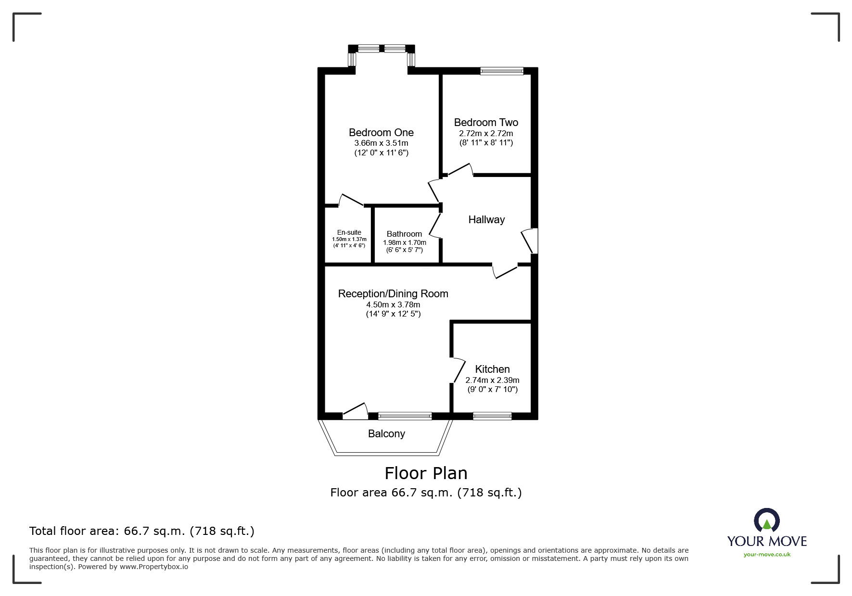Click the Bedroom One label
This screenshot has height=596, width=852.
381,132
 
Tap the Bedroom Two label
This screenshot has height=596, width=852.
486,122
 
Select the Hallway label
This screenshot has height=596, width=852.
486,220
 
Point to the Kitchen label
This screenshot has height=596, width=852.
492,369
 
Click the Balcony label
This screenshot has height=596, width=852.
386,434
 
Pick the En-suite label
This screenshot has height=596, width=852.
349,232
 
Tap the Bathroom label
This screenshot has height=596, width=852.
404,234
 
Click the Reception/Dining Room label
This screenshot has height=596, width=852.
393,294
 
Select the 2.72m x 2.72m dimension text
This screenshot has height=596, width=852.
486,133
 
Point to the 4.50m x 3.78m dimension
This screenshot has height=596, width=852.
393,304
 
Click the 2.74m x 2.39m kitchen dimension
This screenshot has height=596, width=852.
492,380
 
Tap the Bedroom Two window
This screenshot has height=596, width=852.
501,71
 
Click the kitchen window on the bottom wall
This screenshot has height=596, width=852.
492,416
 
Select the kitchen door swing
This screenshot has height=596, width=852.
458,370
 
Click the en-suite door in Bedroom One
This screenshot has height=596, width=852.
351,200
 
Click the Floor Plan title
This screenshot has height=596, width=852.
426,473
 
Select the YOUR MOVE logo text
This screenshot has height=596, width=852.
767,541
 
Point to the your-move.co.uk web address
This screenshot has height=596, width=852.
767,555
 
